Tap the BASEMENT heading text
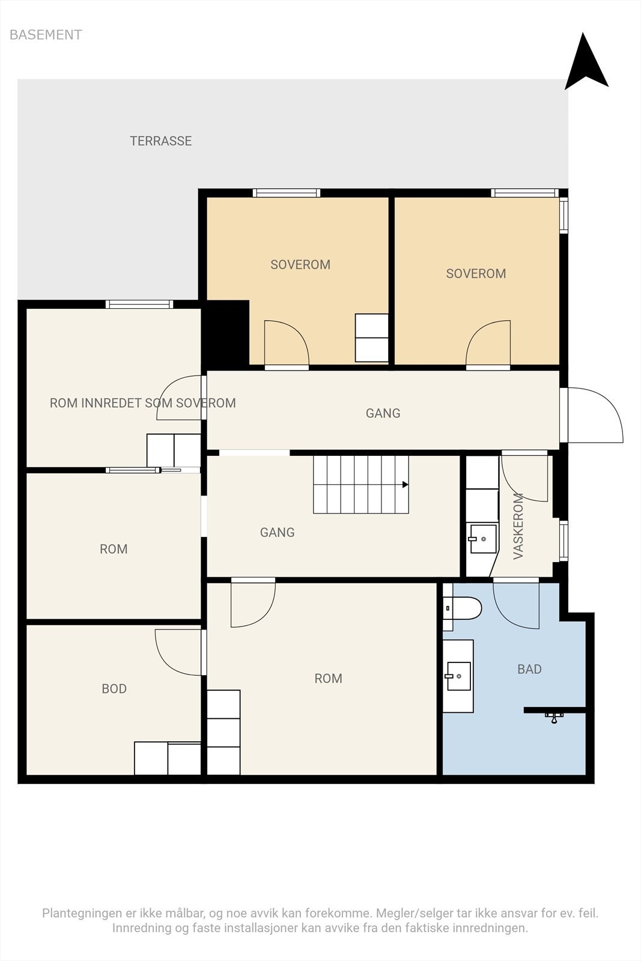(x=46, y=35)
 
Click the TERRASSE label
(x=161, y=141)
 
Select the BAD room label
(x=529, y=669)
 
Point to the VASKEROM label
(x=518, y=526)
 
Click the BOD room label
(x=114, y=688)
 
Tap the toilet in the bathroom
(x=463, y=608)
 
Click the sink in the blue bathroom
(x=458, y=676)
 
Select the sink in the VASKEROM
(x=483, y=538)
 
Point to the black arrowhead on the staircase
(x=405, y=484)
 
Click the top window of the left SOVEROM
(x=286, y=193)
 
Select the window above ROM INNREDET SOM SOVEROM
(x=139, y=304)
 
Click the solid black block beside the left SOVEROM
(x=226, y=333)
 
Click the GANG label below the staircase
(x=277, y=532)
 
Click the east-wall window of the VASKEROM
(x=564, y=541)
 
